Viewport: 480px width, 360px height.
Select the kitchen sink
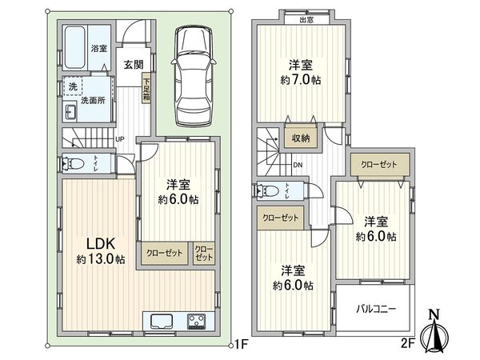tap(160, 322)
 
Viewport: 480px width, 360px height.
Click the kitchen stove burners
tap(197, 322)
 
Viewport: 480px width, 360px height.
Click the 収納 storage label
tap(300, 138)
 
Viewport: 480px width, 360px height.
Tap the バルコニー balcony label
tap(373, 307)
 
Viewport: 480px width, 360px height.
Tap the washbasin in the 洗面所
tap(70, 110)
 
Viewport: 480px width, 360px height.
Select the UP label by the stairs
tap(120, 139)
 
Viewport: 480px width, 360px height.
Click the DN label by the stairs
tap(298, 165)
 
